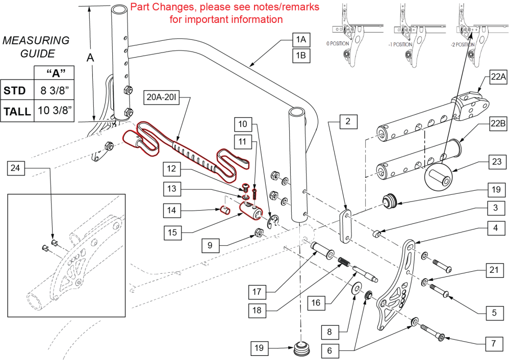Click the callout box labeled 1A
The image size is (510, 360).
coord(300,39)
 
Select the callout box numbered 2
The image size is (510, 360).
coord(347,122)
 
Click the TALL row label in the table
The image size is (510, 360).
coord(17,111)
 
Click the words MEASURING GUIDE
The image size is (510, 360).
coord(36,46)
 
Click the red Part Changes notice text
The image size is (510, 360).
coord(225,13)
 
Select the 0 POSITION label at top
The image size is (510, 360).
coord(338,44)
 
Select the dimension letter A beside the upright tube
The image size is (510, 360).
coord(90,58)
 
